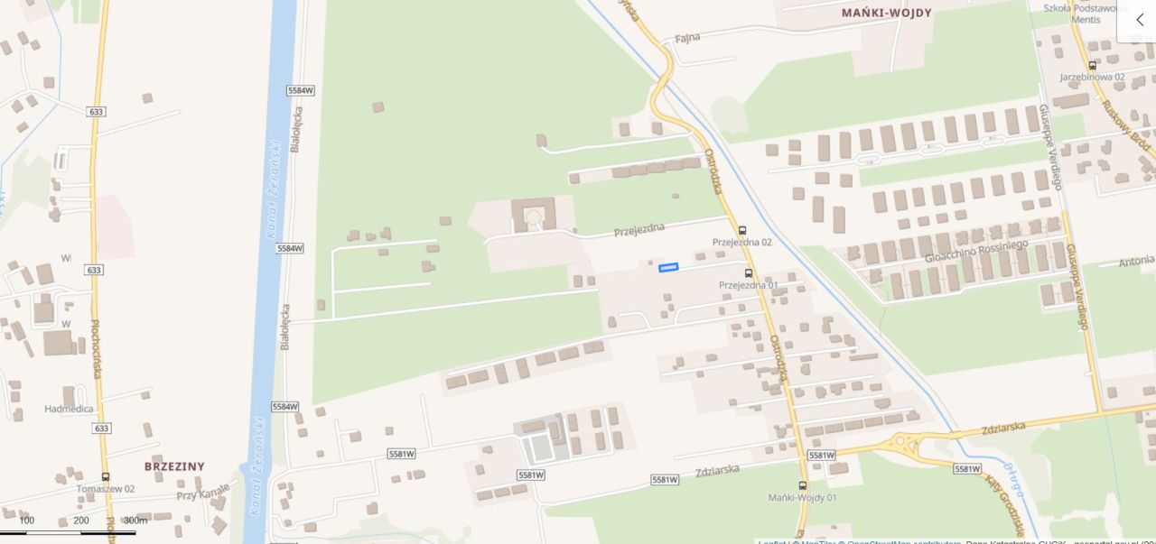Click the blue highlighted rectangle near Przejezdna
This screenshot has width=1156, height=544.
tap(668, 267)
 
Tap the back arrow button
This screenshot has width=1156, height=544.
tap(1139, 20)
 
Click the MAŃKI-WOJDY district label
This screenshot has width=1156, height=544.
tap(886, 13)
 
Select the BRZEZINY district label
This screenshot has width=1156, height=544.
tap(174, 466)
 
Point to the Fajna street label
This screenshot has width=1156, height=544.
tap(687, 38)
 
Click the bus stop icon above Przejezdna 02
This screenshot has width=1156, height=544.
tap(742, 231)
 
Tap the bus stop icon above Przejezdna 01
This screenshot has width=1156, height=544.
tap(748, 273)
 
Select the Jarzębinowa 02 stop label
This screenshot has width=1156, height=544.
tap(1092, 77)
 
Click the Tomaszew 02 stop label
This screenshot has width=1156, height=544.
tap(106, 488)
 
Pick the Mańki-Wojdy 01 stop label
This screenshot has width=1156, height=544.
tap(802, 497)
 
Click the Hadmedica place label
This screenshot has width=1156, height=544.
tap(69, 409)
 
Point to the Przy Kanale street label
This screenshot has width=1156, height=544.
tap(203, 493)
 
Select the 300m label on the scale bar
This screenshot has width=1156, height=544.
tap(135, 521)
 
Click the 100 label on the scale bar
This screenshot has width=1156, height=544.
tap(27, 521)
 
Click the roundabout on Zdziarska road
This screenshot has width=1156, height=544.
tap(906, 444)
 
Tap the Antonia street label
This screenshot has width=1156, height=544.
tap(1135, 262)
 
